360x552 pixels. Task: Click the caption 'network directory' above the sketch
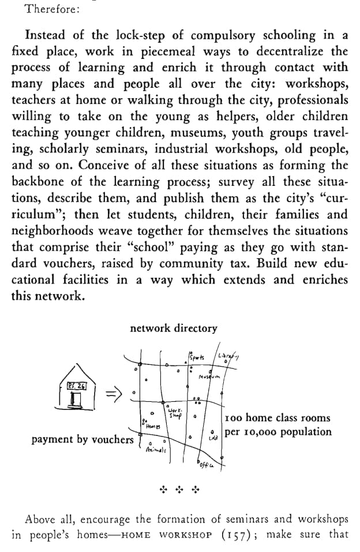(x=174, y=328)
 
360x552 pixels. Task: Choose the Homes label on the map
(x=152, y=426)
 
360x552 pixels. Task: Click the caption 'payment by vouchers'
(x=82, y=440)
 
